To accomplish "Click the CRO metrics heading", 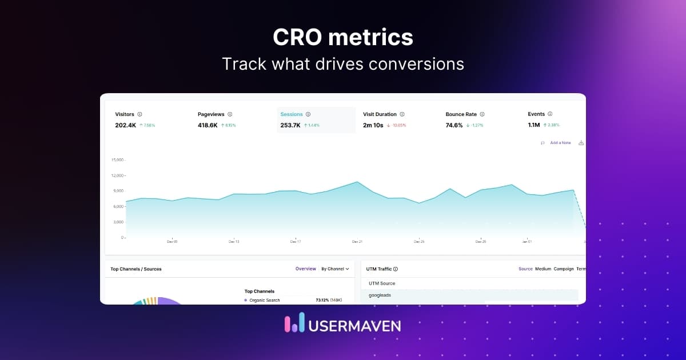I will tap(343, 38).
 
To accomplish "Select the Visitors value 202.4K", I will tap(125, 125).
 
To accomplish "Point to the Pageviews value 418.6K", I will tap(208, 125).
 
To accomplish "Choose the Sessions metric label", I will tap(292, 114).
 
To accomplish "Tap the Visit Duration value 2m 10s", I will tap(373, 125).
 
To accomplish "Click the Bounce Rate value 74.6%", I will tap(454, 125).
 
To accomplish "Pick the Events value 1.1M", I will tap(533, 125).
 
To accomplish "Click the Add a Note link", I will tap(560, 143).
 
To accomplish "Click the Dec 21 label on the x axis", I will tap(357, 242).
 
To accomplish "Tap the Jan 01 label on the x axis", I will tap(527, 242).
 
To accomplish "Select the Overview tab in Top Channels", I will tap(305, 269).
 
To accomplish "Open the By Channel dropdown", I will tap(334, 269).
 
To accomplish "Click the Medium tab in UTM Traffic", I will tap(543, 269).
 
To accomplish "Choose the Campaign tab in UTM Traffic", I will tap(564, 269).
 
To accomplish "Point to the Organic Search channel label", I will tap(265, 300).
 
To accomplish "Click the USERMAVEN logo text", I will tap(354, 326).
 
